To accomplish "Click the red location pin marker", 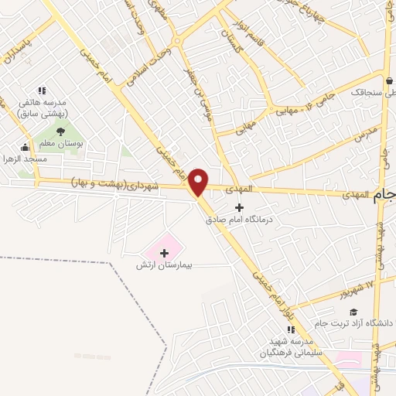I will [199, 182].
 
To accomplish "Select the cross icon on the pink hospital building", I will [163, 252].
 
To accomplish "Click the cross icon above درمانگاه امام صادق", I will [239, 207].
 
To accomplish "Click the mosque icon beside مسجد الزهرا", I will [26, 147].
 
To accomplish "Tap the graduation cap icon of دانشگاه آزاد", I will [353, 312].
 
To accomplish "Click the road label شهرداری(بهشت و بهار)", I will [116, 183].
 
